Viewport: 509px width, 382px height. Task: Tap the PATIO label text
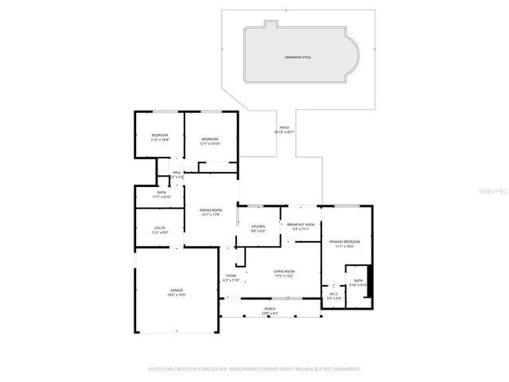(284, 127)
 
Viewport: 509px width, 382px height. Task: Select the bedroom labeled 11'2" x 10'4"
(160, 135)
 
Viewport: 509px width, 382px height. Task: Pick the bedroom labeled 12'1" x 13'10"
(209, 139)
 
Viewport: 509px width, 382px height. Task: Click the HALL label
(177, 172)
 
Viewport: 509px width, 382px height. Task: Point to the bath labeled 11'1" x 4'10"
(161, 193)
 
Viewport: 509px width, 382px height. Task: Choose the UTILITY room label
(160, 228)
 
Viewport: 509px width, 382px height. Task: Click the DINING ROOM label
(210, 211)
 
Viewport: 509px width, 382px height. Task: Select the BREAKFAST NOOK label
(301, 225)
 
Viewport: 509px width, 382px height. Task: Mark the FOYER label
(231, 275)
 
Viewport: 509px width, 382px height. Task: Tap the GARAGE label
(176, 290)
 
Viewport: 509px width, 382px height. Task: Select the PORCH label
(270, 309)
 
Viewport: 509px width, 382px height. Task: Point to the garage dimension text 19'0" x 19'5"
(176, 295)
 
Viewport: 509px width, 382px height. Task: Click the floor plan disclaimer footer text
(254, 368)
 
